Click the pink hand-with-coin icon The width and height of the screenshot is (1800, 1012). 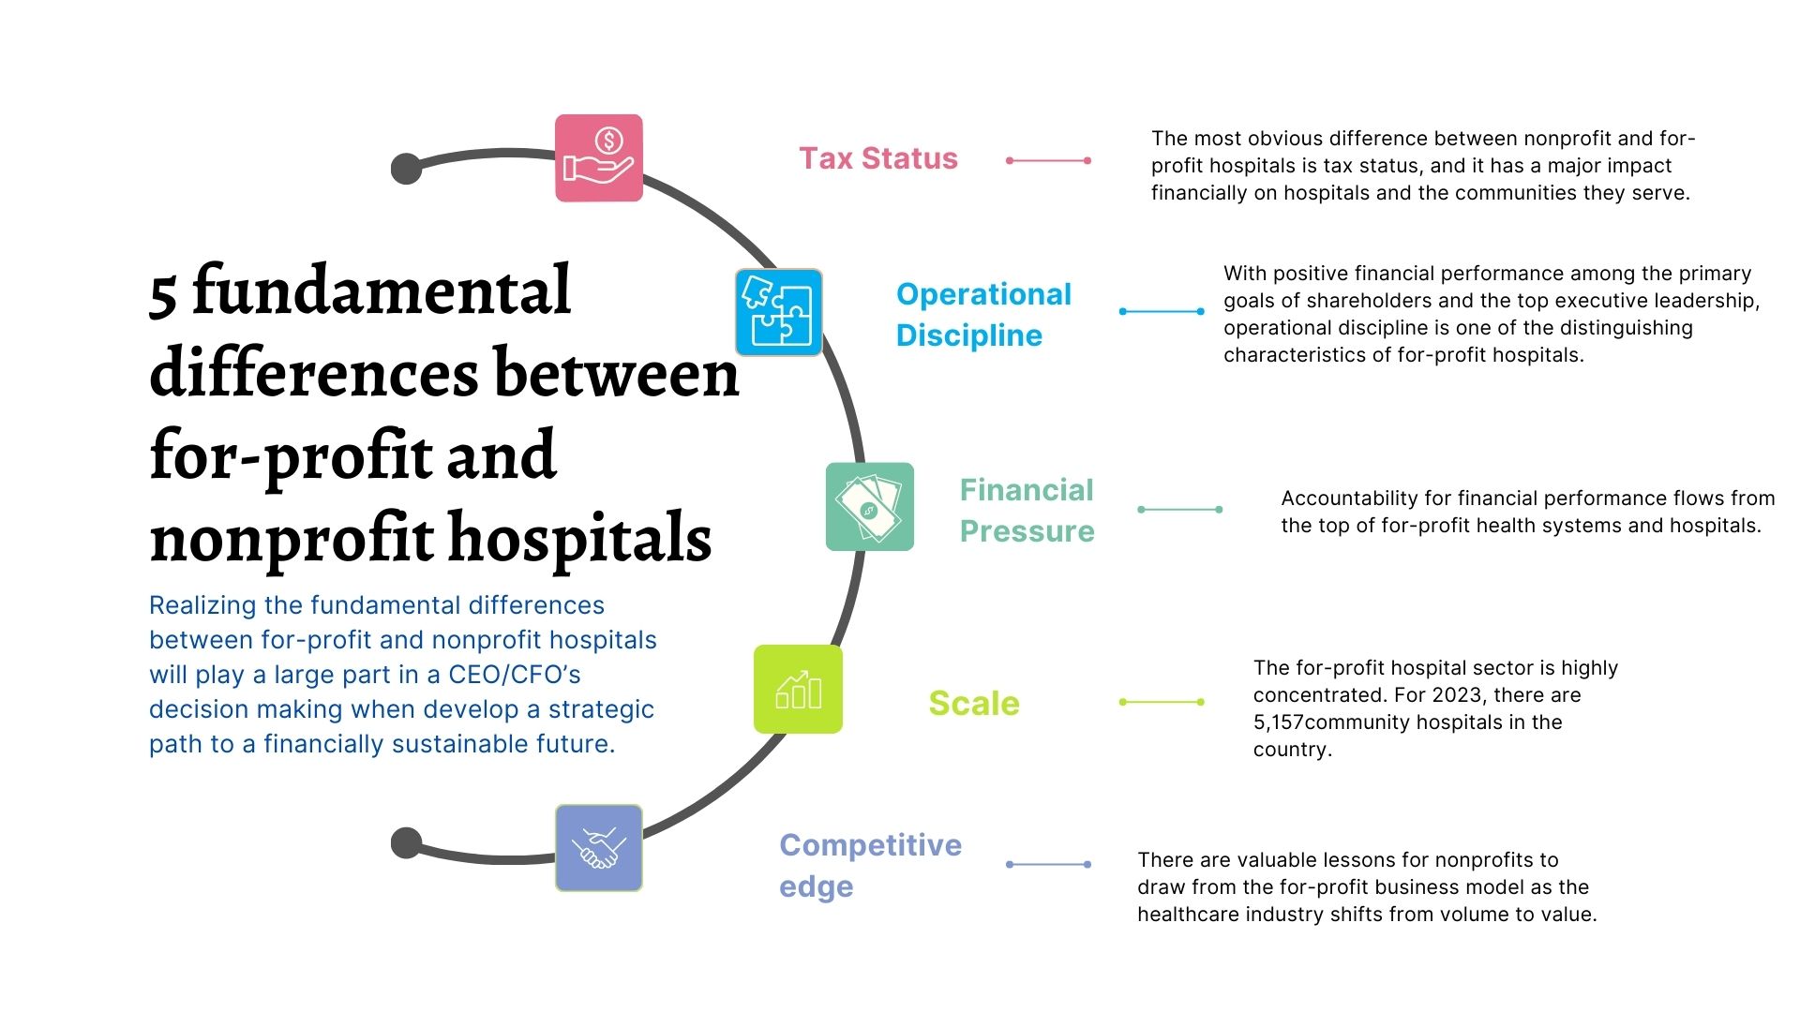(598, 158)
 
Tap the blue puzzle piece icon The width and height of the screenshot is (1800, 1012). (778, 312)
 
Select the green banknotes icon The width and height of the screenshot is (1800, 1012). (869, 507)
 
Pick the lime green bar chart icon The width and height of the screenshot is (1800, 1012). (798, 690)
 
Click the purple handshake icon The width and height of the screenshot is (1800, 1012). (598, 848)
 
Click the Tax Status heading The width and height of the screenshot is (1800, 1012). (877, 158)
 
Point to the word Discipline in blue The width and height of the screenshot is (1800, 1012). (968, 335)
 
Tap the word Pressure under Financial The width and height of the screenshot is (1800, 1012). (1027, 531)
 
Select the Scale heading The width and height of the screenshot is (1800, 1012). (973, 703)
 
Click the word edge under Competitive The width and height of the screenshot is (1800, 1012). (816, 886)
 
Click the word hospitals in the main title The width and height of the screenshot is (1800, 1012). (580, 539)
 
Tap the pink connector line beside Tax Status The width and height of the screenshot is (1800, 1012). (1048, 160)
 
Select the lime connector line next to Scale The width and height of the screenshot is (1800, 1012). (1162, 702)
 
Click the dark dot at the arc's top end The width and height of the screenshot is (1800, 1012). (406, 169)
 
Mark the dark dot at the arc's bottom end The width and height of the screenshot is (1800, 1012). (406, 842)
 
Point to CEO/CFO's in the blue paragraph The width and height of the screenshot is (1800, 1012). (514, 675)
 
